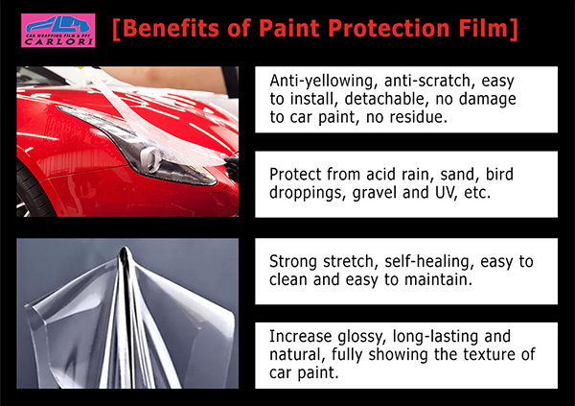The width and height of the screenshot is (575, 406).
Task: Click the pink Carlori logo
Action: click(57, 31)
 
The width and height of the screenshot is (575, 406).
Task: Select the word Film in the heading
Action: click(483, 28)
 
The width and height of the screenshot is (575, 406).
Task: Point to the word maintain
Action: click(438, 280)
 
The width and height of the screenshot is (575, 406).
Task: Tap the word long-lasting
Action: click(436, 337)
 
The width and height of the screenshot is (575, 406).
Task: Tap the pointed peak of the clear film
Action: click(125, 249)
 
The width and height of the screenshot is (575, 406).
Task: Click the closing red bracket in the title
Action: click(514, 29)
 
